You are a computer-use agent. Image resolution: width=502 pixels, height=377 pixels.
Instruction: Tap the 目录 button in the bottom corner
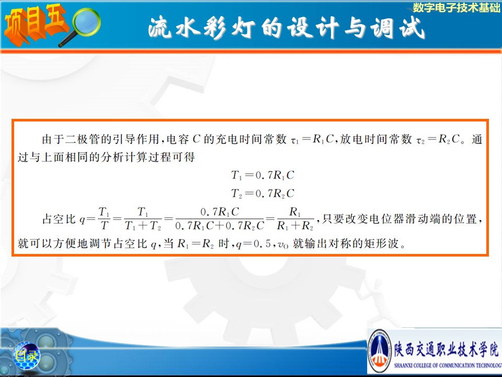[x=27, y=356]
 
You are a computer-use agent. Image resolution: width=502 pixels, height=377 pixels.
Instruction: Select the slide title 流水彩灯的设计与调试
[x=287, y=28]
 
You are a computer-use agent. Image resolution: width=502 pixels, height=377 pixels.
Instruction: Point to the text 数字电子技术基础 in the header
[x=457, y=7]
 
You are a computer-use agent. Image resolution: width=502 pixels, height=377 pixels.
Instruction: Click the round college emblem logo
[x=380, y=351]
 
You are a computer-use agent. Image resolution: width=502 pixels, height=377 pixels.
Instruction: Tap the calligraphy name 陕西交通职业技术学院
[x=446, y=349]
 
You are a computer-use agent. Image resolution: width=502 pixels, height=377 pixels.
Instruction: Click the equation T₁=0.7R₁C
[x=263, y=175]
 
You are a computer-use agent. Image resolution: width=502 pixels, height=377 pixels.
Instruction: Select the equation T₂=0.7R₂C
[x=263, y=194]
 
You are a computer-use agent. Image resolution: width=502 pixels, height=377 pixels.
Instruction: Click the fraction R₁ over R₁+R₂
[x=295, y=219]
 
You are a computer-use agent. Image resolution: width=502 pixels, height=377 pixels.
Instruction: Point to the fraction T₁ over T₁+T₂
[x=143, y=219]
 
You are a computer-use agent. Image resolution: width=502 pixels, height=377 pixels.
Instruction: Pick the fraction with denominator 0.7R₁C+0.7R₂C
[x=220, y=219]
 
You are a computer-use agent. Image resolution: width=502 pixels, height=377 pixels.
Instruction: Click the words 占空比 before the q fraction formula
[x=59, y=219]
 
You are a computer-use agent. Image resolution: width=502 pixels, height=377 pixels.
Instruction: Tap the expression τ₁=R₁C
[x=312, y=139]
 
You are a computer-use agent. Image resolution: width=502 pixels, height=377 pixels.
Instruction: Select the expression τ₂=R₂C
[x=438, y=139]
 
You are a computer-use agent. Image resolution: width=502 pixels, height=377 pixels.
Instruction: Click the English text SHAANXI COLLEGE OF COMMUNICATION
[x=448, y=365]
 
